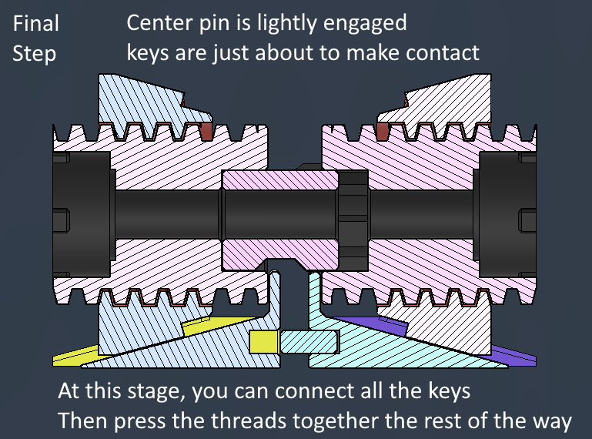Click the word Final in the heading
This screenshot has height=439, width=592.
36,23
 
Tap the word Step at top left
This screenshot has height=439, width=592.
35,54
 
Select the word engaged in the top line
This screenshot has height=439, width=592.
365,24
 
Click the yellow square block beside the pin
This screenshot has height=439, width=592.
264,342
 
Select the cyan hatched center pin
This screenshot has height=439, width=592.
309,342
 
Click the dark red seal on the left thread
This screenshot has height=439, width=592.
206,131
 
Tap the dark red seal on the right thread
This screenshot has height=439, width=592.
383,131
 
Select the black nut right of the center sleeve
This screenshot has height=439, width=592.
353,220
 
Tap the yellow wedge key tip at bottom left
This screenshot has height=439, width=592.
75,356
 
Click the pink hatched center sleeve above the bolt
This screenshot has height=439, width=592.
279,180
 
